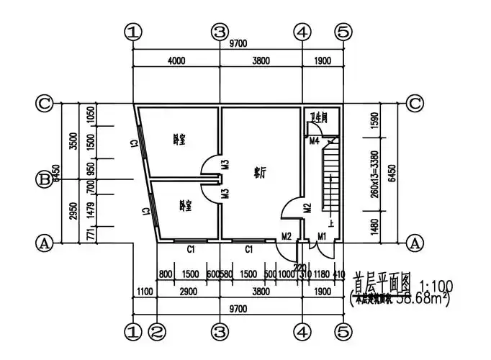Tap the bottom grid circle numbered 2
pyautogui.click(x=158, y=332)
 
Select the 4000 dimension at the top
pyautogui.click(x=176, y=61)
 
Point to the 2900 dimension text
pyautogui.click(x=189, y=292)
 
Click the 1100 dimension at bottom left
pyautogui.click(x=145, y=292)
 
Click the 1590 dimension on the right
pyautogui.click(x=374, y=122)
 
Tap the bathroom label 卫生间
pyautogui.click(x=319, y=117)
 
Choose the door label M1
pyautogui.click(x=322, y=235)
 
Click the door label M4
pyautogui.click(x=315, y=140)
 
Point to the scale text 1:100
pyautogui.click(x=430, y=276)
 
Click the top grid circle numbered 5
pyautogui.click(x=343, y=32)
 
